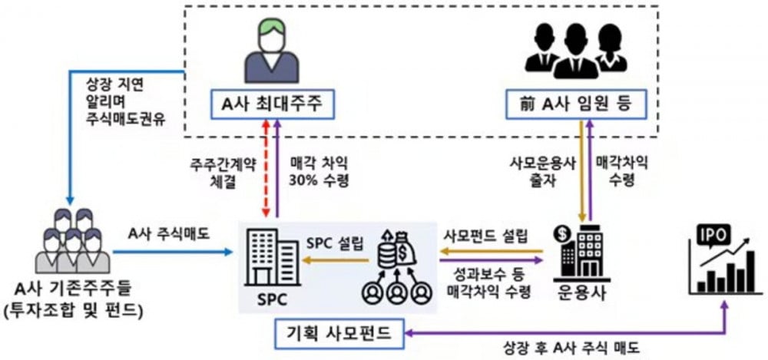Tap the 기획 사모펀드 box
[x=340, y=332]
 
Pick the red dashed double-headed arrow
[x=266, y=168]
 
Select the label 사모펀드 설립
[x=485, y=237]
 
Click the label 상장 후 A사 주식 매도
[x=571, y=349]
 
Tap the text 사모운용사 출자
[x=541, y=173]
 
